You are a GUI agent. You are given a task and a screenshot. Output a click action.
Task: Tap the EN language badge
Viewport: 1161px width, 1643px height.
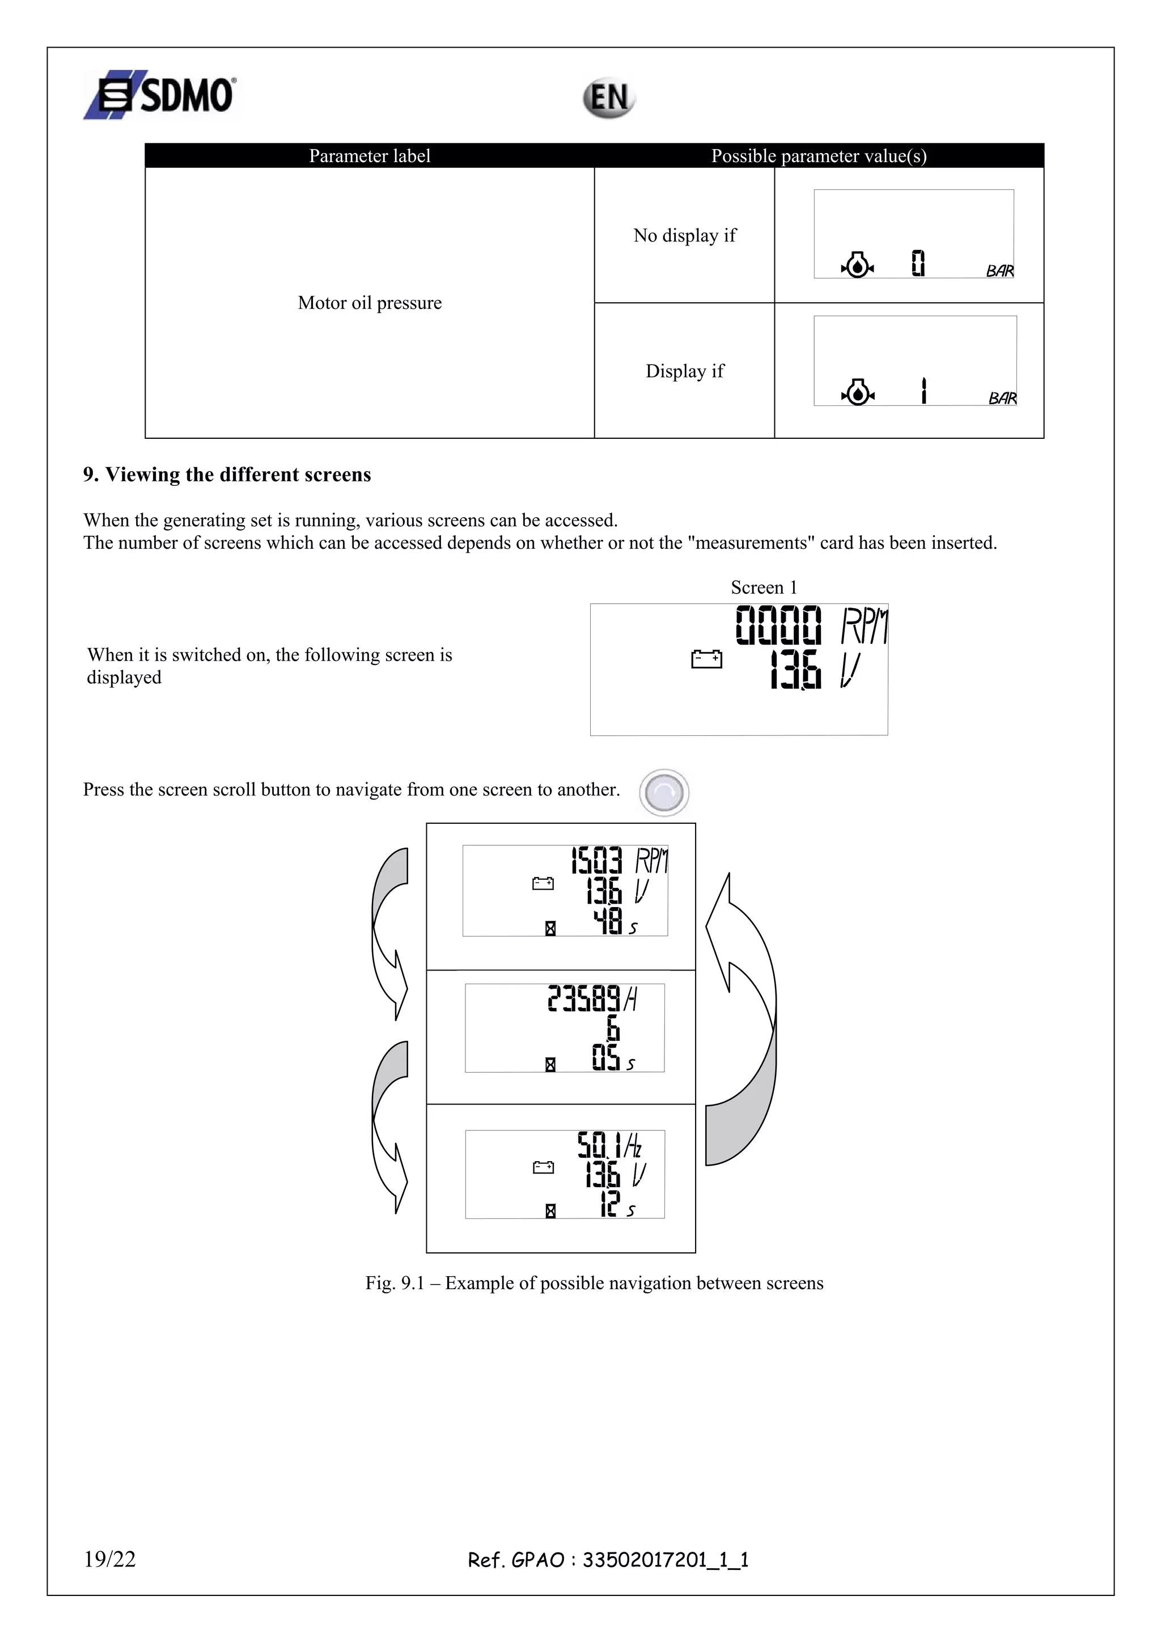click(x=609, y=98)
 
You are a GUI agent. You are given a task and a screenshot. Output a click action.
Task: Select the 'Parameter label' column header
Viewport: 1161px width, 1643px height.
click(x=369, y=156)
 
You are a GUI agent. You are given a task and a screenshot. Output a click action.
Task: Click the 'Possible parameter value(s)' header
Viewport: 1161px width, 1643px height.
click(x=819, y=156)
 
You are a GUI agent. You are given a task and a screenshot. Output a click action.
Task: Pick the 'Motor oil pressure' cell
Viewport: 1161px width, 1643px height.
click(x=369, y=303)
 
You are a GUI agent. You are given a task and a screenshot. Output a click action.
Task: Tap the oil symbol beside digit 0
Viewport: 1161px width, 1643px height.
click(x=857, y=265)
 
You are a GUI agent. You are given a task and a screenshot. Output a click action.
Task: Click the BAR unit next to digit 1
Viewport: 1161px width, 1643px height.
click(x=1002, y=398)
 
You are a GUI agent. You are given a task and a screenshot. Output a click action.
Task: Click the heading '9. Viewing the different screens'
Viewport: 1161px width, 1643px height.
click(x=227, y=475)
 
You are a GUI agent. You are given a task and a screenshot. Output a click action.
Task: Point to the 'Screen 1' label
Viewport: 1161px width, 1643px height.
click(x=763, y=587)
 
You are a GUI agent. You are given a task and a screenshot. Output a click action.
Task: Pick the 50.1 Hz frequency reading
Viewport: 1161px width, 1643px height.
click(x=609, y=1146)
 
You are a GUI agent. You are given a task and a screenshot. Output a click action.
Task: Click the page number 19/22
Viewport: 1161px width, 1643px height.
click(x=109, y=1559)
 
